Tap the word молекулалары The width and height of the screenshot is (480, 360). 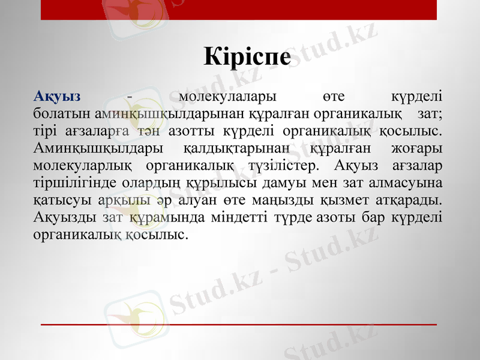tap(227, 96)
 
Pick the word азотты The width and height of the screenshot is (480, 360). tap(181, 130)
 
